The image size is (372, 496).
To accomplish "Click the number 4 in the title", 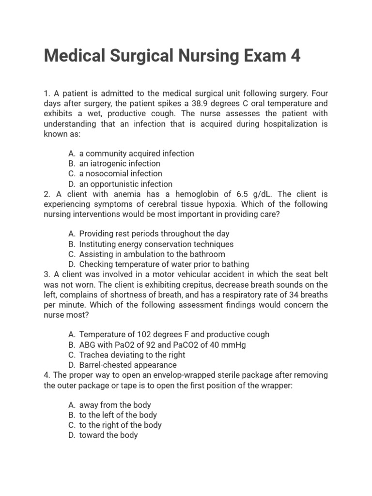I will [295, 56].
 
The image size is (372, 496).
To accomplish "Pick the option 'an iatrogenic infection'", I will [120, 163].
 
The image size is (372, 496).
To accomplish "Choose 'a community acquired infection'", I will [137, 153].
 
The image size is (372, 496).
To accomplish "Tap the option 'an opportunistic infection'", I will [125, 184].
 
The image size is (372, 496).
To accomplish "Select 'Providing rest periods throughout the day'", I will [154, 234].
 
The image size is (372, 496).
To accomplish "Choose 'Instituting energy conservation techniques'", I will [156, 244].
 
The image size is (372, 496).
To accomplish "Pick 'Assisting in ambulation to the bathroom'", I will [152, 254].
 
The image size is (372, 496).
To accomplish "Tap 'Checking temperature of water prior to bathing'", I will [164, 264].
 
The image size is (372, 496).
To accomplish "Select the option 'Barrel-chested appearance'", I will [128, 365].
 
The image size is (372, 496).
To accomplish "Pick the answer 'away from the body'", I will [115, 405].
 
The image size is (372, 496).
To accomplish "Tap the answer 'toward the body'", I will [108, 435].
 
